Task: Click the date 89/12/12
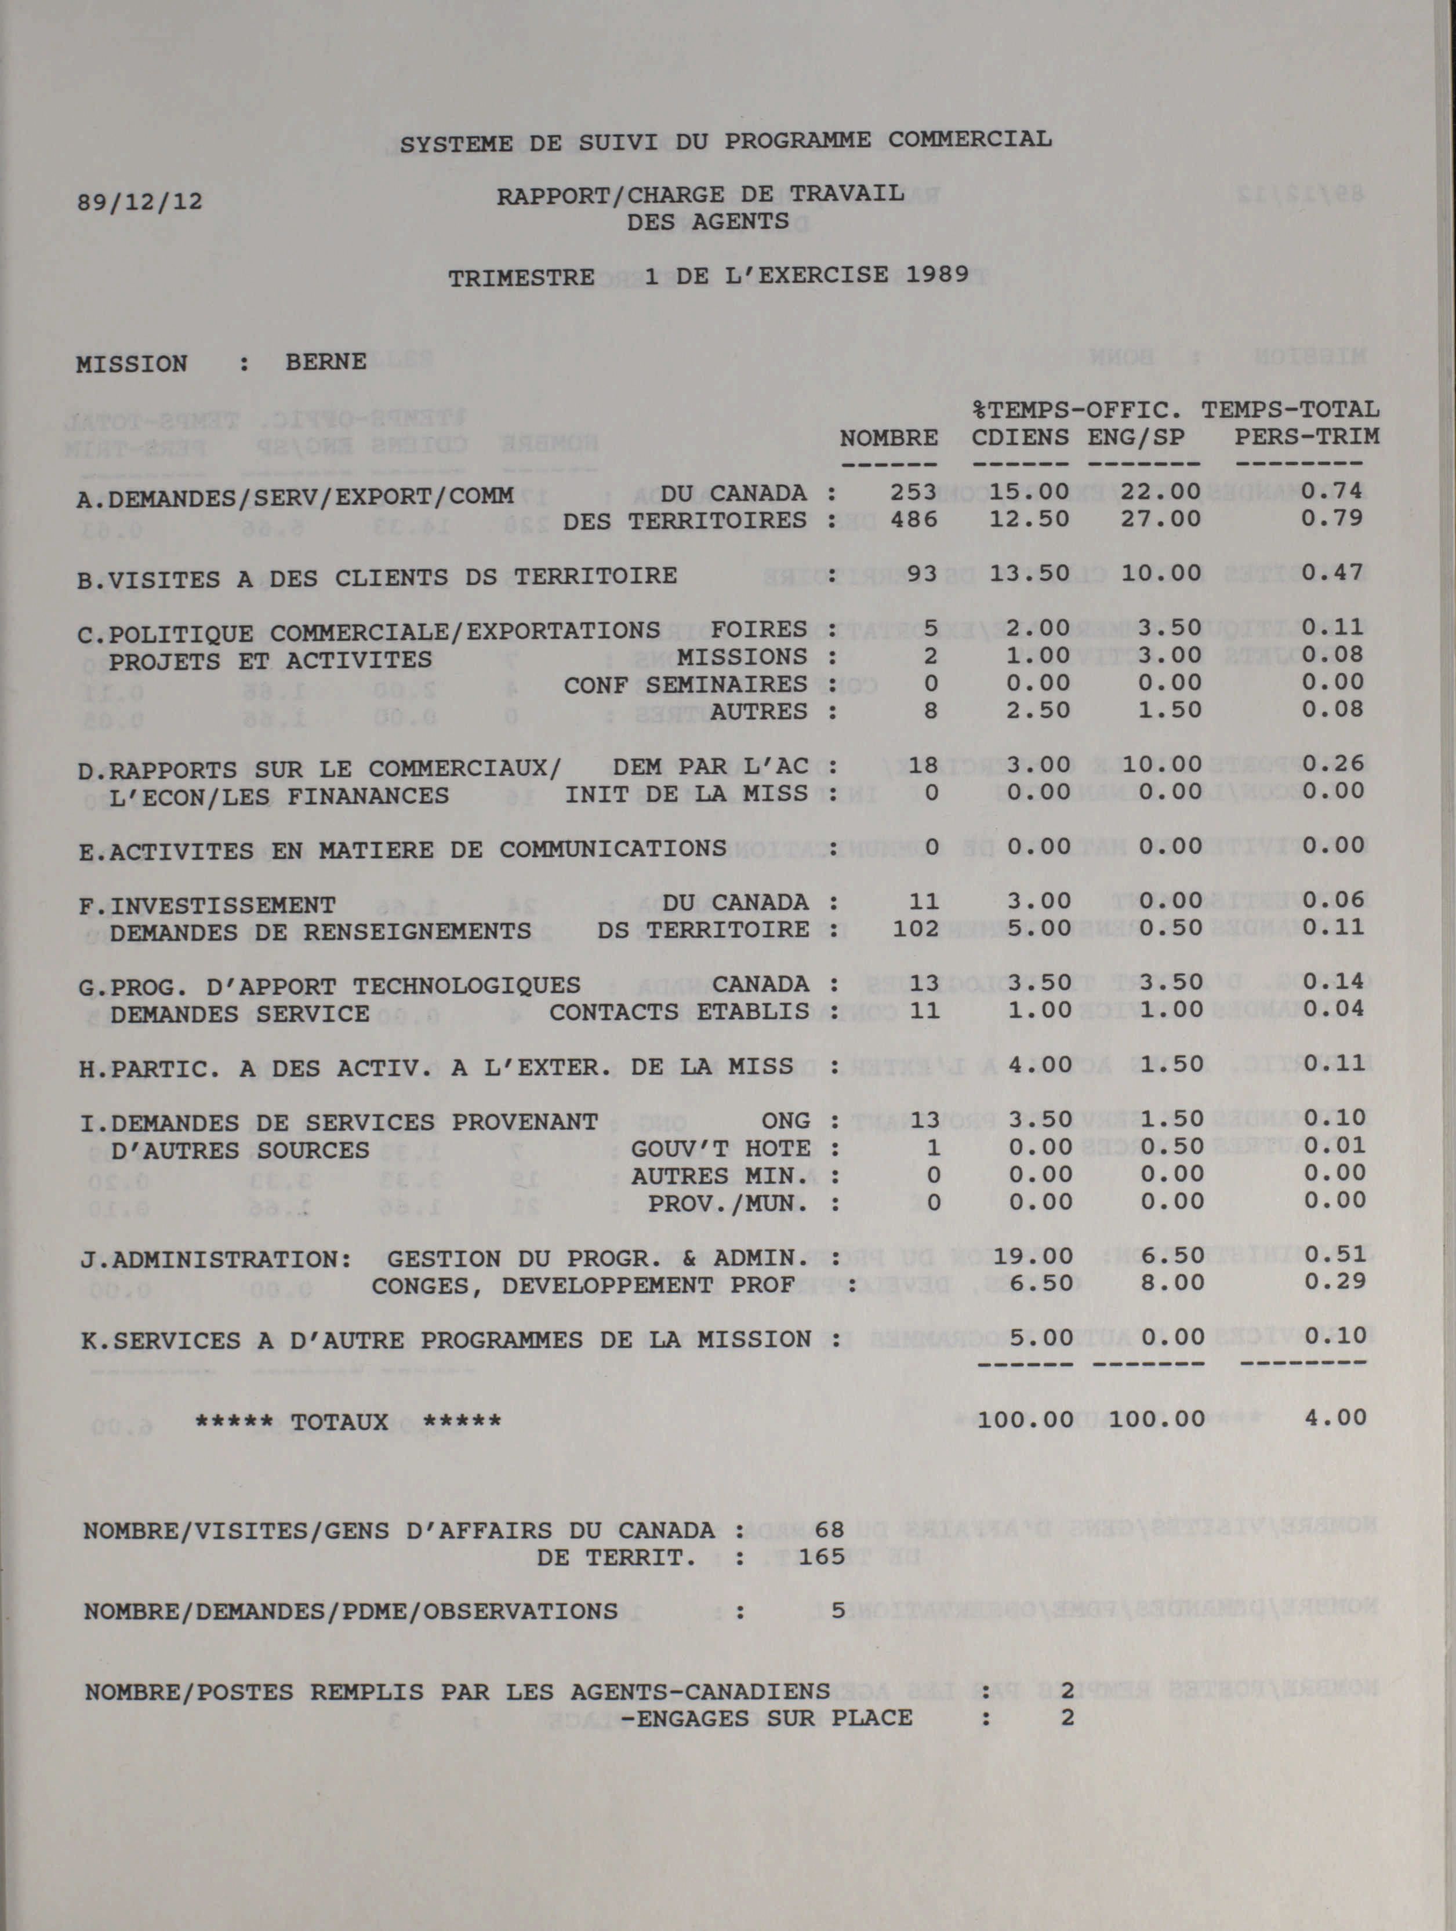pos(140,202)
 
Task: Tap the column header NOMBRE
pos(888,438)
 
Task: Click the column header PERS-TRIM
pos(1306,436)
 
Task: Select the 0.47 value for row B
pos(1332,573)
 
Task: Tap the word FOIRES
pos(758,629)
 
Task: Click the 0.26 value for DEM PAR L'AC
pos(1332,764)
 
